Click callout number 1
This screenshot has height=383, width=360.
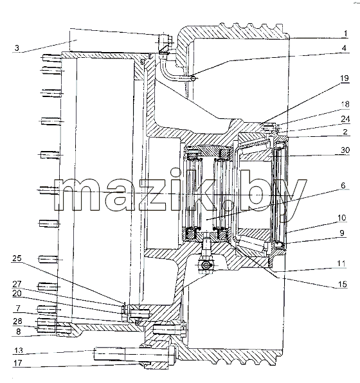pos(345,33)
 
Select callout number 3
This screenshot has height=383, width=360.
pos(17,48)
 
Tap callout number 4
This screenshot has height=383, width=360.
pos(344,48)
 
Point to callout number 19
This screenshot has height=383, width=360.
pos(345,78)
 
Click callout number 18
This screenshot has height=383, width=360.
pos(345,104)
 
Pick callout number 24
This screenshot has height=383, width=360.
pos(345,119)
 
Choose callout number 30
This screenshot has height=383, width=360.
pos(345,150)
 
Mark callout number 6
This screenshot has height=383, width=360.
pos(343,185)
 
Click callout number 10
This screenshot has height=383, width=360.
pos(342,217)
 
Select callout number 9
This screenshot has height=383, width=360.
pos(342,233)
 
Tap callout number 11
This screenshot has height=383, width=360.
pos(341,263)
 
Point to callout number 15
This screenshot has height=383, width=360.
pos(343,284)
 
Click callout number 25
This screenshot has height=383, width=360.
pos(17,258)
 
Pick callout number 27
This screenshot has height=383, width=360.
pos(17,284)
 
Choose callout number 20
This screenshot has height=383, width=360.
pos(17,293)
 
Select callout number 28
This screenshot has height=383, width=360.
pos(17,321)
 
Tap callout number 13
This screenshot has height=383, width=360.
pos(19,350)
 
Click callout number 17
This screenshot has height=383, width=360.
pos(17,363)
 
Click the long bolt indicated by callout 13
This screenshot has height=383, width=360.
pos(134,354)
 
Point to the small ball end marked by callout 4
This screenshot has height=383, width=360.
pos(193,78)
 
